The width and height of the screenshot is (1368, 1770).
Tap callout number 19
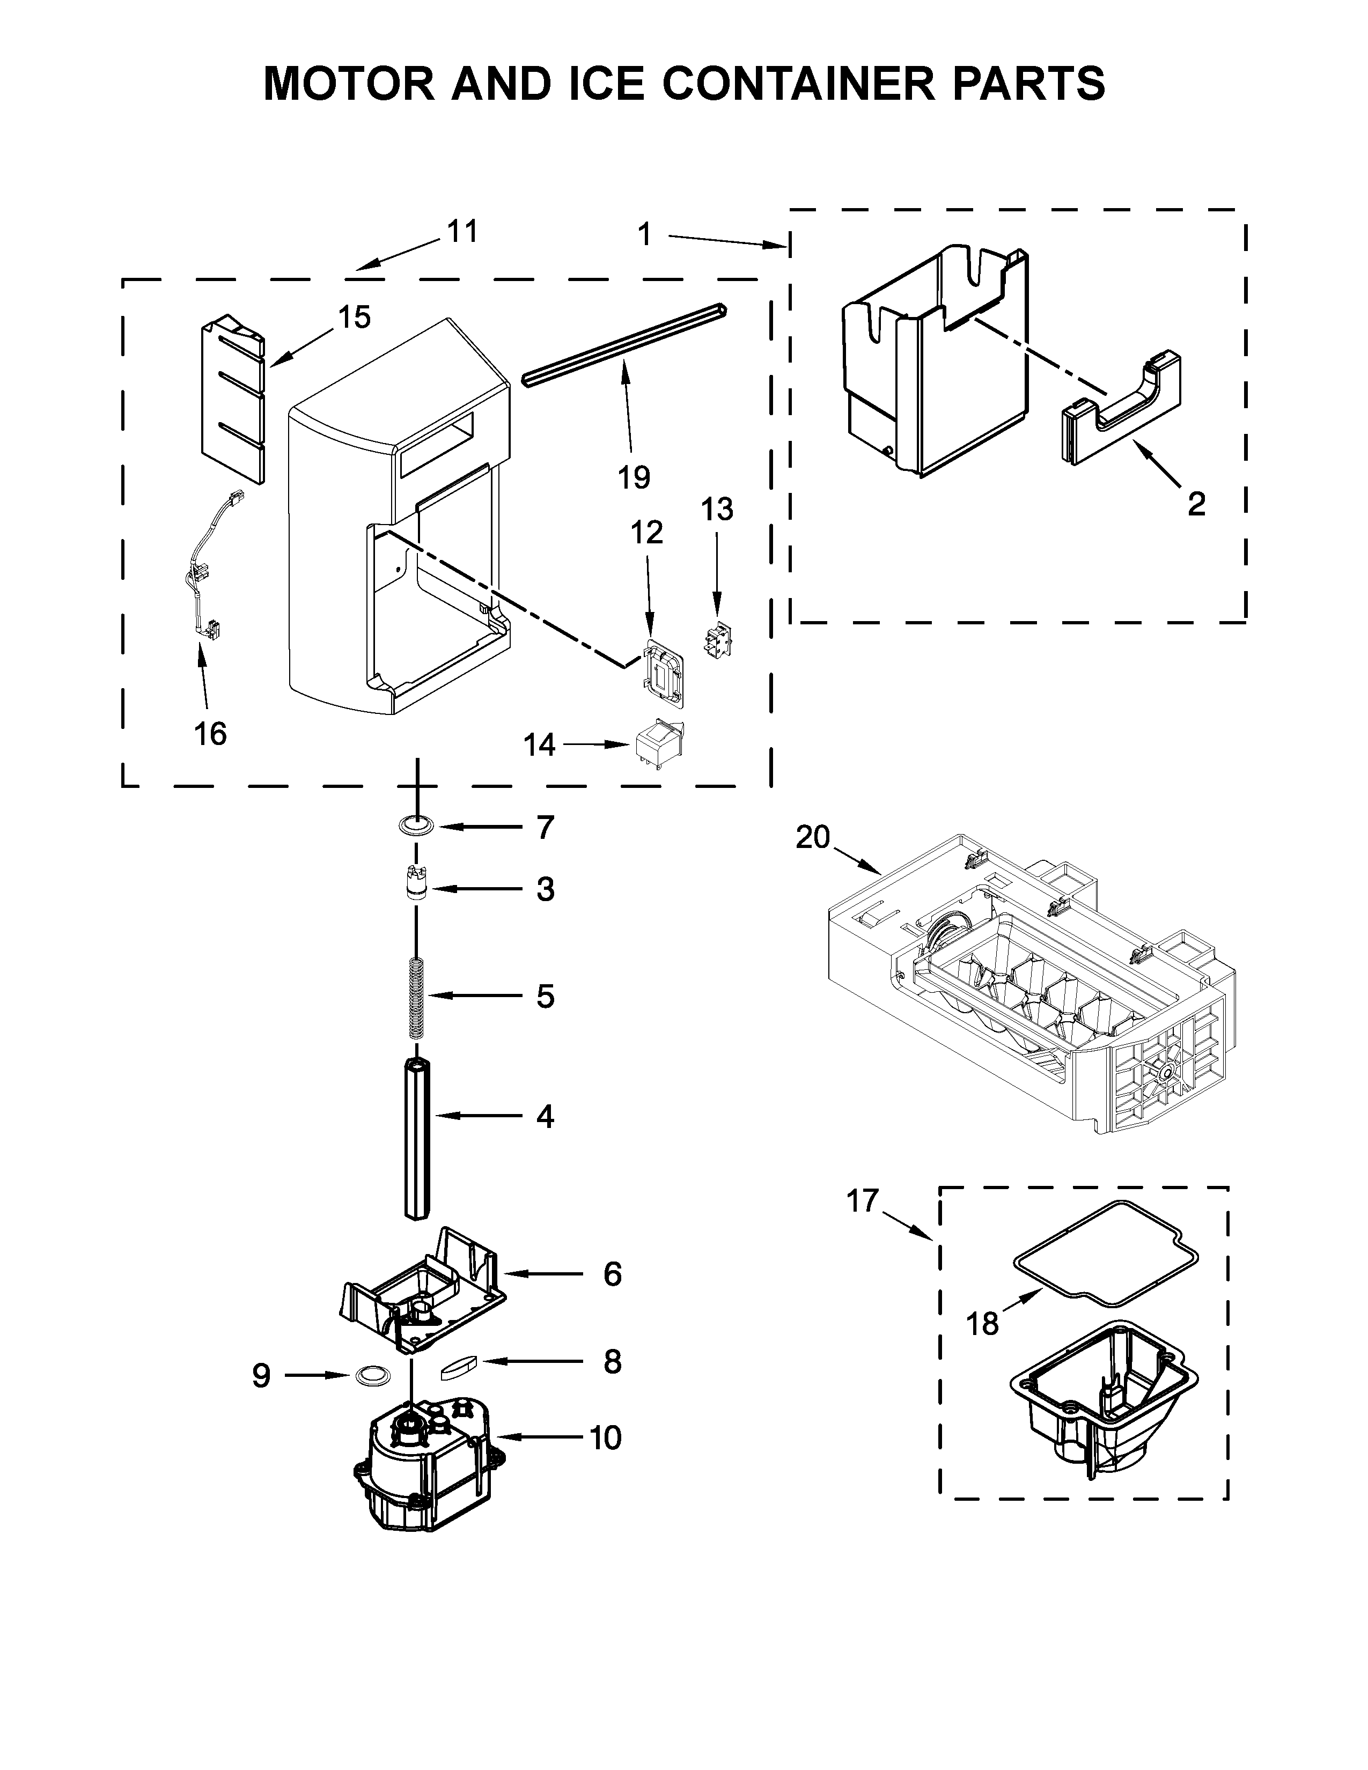coord(633,477)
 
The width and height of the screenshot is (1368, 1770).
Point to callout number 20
coord(812,836)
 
